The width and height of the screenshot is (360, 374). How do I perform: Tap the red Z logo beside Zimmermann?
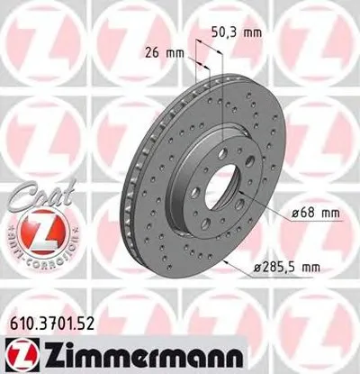click(23, 351)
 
